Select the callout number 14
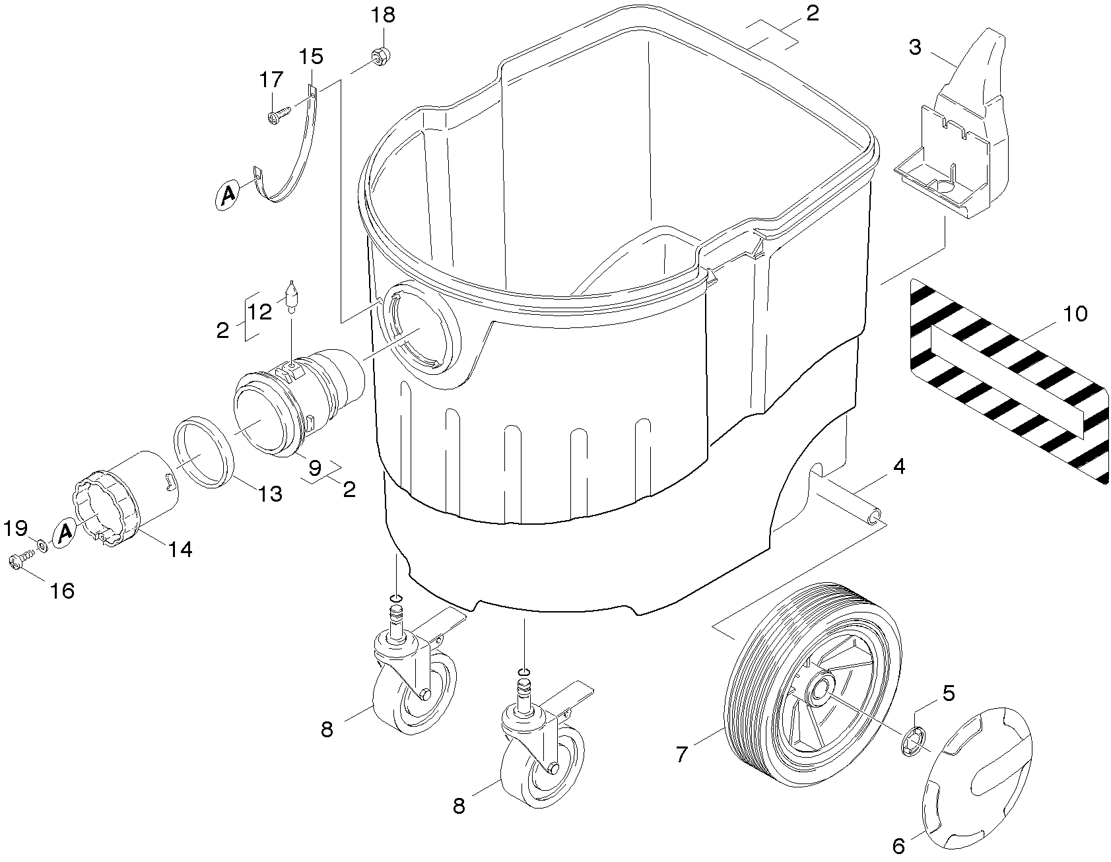coord(180,548)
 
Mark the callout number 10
coord(1076,314)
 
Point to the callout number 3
coord(915,48)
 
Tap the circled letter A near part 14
coord(65,531)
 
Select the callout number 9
coord(315,467)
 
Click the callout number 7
coord(682,753)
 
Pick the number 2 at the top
coord(813,13)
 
